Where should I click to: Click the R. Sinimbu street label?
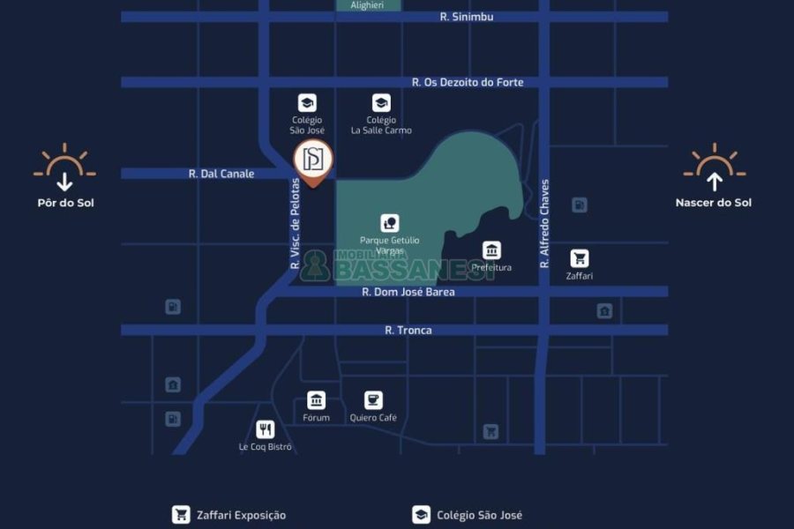point(467,17)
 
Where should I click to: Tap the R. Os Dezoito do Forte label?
point(468,82)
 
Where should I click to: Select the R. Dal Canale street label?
point(221,174)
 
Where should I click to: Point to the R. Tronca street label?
point(408,330)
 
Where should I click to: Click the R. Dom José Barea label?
point(408,291)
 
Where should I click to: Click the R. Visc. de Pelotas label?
point(296,224)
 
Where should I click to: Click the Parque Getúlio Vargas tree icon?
point(389,223)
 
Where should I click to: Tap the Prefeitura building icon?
point(491,250)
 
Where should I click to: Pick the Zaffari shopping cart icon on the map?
point(579,258)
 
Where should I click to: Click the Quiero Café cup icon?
point(373,400)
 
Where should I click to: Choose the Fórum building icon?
point(316,400)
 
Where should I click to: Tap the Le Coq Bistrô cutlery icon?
point(265,429)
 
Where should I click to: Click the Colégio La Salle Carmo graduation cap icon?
point(381,103)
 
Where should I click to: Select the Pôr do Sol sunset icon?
point(64,168)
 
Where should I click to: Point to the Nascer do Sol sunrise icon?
point(714,168)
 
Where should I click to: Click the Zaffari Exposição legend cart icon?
point(181,515)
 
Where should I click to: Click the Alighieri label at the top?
point(367,5)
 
